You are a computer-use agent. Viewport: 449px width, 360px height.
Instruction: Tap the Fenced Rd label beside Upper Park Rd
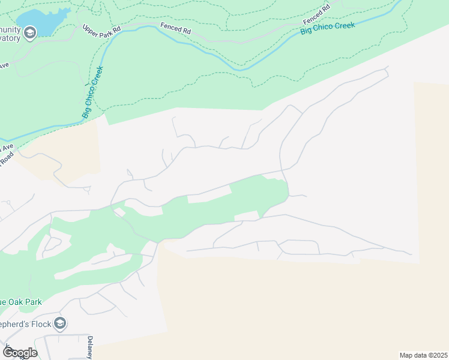point(175,27)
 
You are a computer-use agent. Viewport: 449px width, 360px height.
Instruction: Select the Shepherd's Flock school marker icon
point(59,324)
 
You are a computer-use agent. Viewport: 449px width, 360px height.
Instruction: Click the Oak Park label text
point(24,302)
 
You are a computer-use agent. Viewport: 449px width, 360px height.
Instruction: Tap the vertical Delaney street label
point(89,347)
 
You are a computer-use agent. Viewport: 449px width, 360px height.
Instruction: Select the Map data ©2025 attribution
point(423,355)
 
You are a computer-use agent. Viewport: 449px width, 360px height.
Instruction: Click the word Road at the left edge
point(6,158)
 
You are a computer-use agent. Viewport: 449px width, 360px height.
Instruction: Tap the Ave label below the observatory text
point(3,65)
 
